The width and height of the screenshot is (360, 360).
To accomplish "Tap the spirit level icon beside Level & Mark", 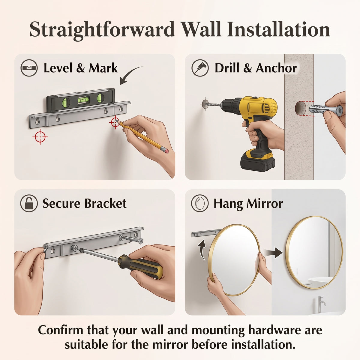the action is [x=29, y=67].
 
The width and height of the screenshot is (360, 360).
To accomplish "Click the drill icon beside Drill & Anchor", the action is [x=200, y=67].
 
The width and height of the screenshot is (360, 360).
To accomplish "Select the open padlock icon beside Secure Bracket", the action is [x=29, y=203].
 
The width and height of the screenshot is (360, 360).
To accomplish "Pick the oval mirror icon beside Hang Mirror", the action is [x=200, y=203].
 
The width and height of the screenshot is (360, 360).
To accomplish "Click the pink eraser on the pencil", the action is [x=165, y=150].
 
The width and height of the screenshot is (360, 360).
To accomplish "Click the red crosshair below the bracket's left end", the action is [x=40, y=137].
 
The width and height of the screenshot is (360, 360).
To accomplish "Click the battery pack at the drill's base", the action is [x=258, y=160].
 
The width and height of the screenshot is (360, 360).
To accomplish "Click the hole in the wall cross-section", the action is [x=300, y=108].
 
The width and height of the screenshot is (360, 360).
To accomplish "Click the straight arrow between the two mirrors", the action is [x=274, y=253].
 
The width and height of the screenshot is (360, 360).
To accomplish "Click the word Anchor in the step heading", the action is [x=276, y=68].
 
